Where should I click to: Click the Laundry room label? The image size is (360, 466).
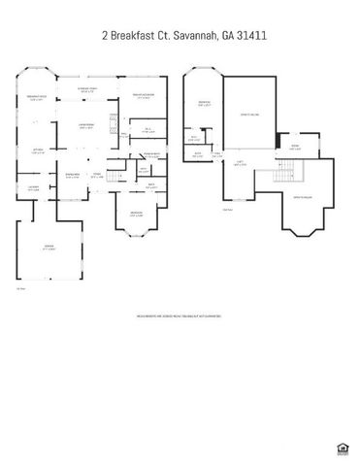(x=33, y=188)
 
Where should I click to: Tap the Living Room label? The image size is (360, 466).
(x=84, y=126)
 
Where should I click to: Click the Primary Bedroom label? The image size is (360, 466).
(x=143, y=97)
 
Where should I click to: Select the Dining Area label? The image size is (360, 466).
(x=71, y=176)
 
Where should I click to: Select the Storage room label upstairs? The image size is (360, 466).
(x=295, y=147)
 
